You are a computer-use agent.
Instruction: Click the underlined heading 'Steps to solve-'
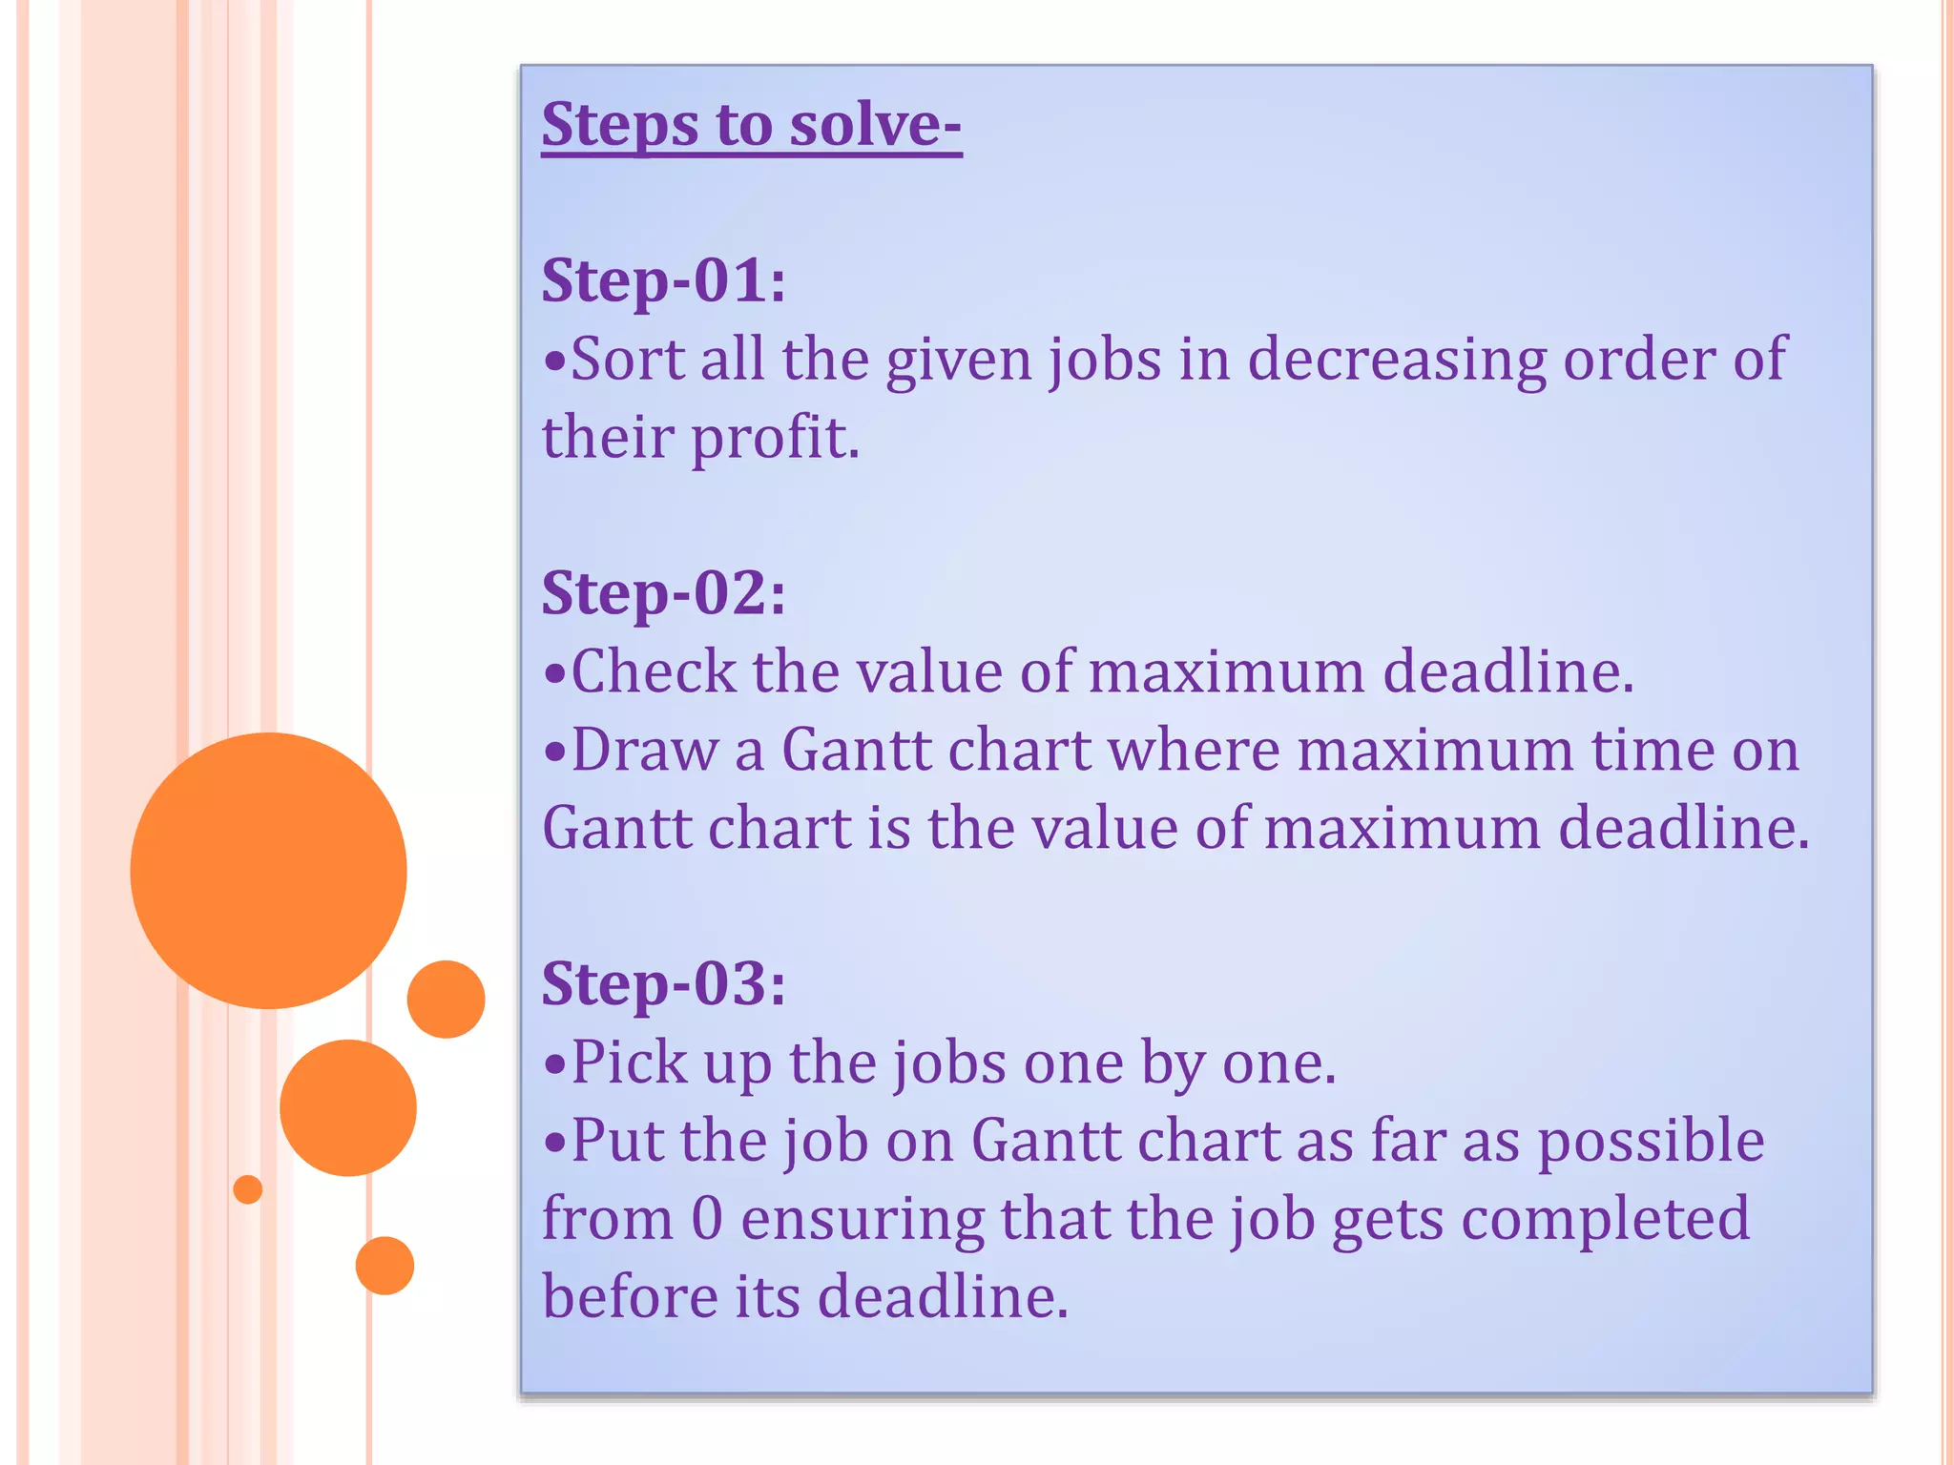click(x=751, y=125)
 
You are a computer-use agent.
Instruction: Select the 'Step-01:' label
click(x=664, y=281)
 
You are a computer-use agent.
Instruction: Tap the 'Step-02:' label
click(x=664, y=593)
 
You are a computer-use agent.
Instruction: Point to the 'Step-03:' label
click(x=664, y=983)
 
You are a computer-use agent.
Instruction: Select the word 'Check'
click(x=653, y=671)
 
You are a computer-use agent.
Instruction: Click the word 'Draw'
click(x=644, y=750)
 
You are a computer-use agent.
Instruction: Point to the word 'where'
click(x=1194, y=750)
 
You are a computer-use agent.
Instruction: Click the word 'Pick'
click(x=629, y=1063)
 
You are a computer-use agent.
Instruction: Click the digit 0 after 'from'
click(x=707, y=1219)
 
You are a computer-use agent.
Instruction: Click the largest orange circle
click(x=268, y=870)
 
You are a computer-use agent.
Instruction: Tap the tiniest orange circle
click(x=248, y=1189)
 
